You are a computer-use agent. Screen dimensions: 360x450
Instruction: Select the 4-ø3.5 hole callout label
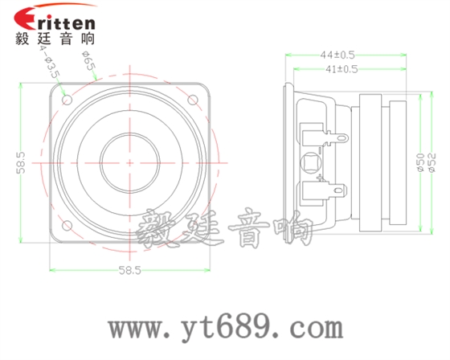(x=51, y=62)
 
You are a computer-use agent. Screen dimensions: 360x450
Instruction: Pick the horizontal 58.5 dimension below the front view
(x=130, y=271)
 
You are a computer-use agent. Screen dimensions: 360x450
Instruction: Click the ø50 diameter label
(x=419, y=162)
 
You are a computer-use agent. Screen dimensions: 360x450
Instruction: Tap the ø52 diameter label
(x=431, y=162)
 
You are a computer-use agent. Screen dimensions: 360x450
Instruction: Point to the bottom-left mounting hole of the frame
(x=67, y=224)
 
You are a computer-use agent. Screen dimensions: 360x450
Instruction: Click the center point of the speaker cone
(x=130, y=162)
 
